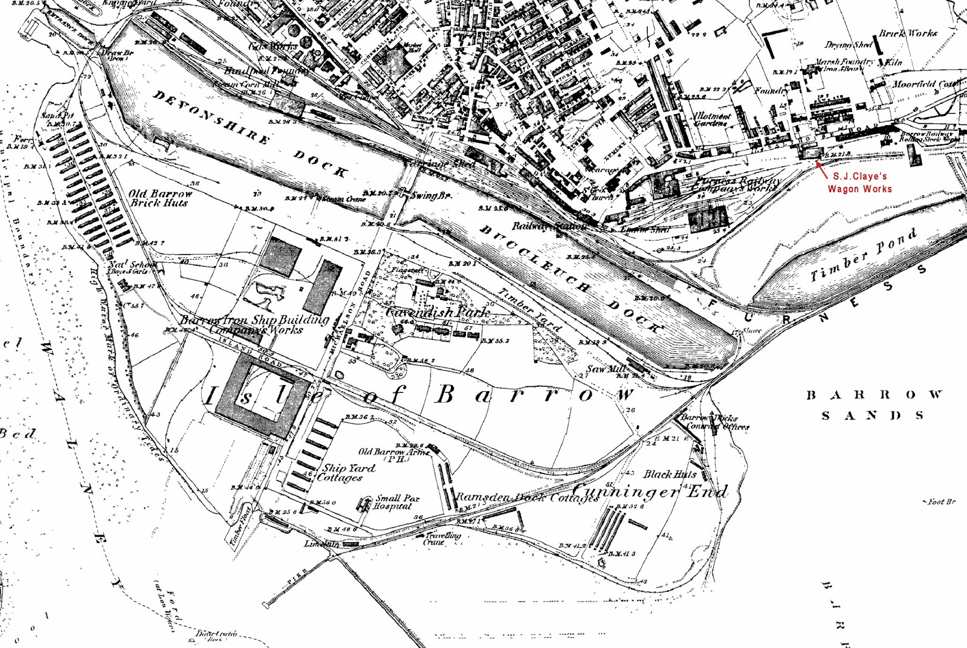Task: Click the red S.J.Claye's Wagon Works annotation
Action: (x=859, y=183)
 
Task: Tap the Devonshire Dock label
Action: (x=250, y=134)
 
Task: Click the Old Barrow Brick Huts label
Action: (x=160, y=198)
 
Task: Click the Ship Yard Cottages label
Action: (x=348, y=472)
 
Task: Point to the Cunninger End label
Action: (x=650, y=491)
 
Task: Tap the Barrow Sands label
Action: (x=873, y=405)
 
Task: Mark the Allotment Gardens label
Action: (x=711, y=119)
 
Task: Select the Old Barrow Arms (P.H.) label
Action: (x=393, y=455)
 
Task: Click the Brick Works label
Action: (x=908, y=34)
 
